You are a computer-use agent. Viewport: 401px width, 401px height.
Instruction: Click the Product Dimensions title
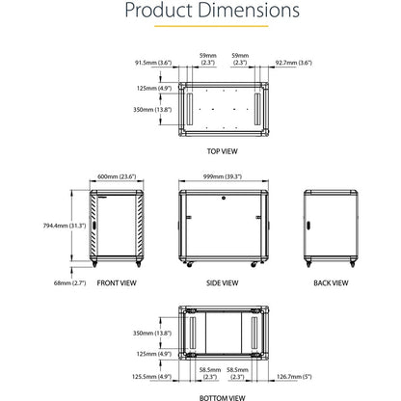click(x=200, y=13)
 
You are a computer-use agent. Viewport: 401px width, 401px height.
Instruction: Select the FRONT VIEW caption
click(x=116, y=283)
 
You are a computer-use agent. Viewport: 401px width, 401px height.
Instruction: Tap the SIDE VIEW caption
click(x=223, y=283)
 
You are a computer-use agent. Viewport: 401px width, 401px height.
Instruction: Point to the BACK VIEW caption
click(x=331, y=283)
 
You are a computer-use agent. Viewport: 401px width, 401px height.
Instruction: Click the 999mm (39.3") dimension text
click(x=224, y=176)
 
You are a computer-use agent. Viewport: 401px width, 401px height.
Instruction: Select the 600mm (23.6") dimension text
click(x=116, y=176)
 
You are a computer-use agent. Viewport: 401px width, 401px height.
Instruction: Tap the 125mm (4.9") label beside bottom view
click(x=153, y=354)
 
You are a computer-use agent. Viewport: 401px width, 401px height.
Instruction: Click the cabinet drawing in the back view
click(x=330, y=228)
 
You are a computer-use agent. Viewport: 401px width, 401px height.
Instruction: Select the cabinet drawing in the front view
click(x=117, y=229)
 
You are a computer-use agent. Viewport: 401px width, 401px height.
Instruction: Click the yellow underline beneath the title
click(x=200, y=29)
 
